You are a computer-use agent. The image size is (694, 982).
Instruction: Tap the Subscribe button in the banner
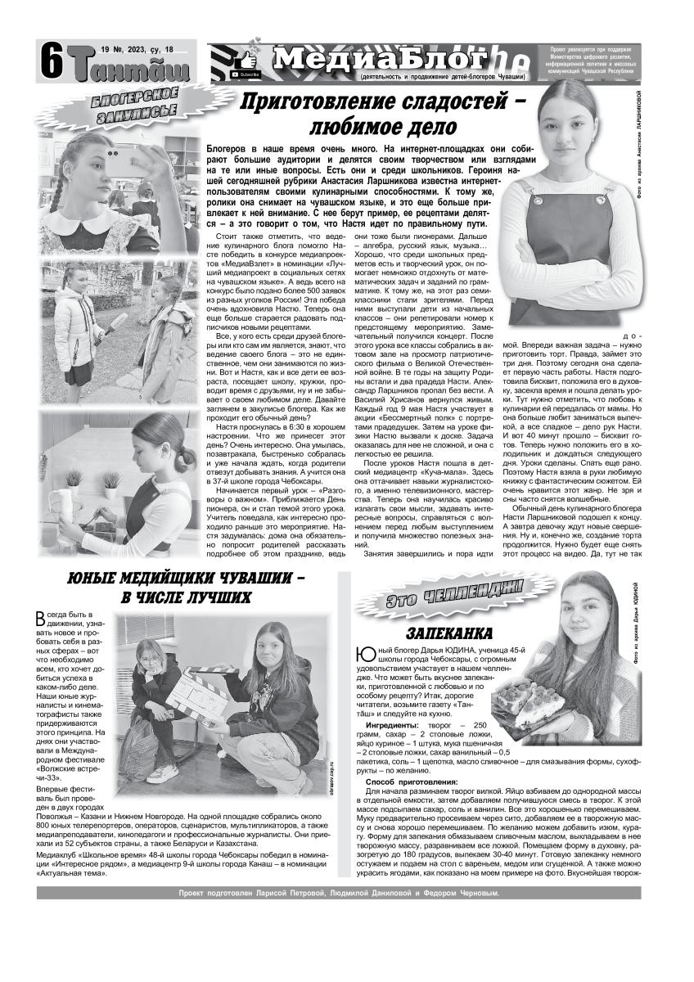tap(246, 74)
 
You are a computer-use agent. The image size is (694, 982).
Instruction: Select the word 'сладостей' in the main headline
tap(448, 103)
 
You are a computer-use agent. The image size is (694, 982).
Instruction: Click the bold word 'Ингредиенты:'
tap(395, 725)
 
